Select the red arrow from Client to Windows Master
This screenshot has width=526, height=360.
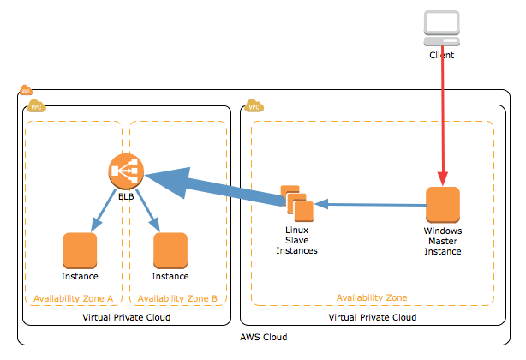442,120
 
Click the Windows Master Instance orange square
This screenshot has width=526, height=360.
443,204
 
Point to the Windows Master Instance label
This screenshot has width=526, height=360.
443,241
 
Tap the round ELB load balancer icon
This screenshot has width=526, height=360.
125,173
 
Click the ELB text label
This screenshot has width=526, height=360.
126,198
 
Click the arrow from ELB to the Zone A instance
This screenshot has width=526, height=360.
105,212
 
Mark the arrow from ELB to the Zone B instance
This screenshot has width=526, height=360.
146,212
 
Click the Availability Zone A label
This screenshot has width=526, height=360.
73,298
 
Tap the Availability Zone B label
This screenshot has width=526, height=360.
177,298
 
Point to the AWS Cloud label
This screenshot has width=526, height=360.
263,337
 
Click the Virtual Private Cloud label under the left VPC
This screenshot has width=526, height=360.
126,317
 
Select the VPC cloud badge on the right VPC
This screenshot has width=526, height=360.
254,106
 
